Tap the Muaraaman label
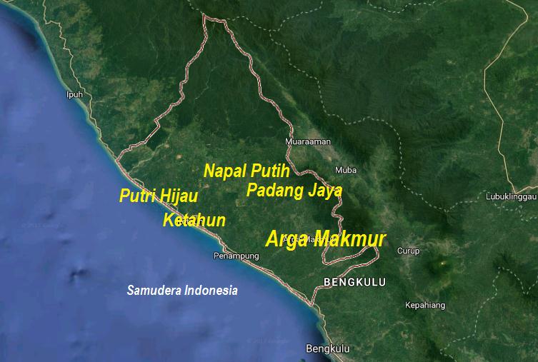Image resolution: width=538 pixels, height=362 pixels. point(308,141)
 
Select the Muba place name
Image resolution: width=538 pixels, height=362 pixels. point(345,170)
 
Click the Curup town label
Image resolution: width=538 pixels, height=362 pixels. point(408,251)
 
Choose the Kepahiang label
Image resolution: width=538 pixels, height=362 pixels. point(425,306)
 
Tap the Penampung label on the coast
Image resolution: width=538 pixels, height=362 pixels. point(236,256)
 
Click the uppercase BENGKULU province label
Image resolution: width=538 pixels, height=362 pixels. point(354,283)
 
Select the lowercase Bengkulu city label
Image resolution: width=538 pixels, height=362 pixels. point(327,349)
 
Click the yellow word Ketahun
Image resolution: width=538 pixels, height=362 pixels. point(194,220)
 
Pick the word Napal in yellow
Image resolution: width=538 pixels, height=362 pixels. point(224,171)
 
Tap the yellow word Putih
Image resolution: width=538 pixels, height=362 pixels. point(269,171)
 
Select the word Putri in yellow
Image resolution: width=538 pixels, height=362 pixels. point(137,196)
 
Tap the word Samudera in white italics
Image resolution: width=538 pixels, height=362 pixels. point(154,291)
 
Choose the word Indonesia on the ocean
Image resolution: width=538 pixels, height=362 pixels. point(211,291)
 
